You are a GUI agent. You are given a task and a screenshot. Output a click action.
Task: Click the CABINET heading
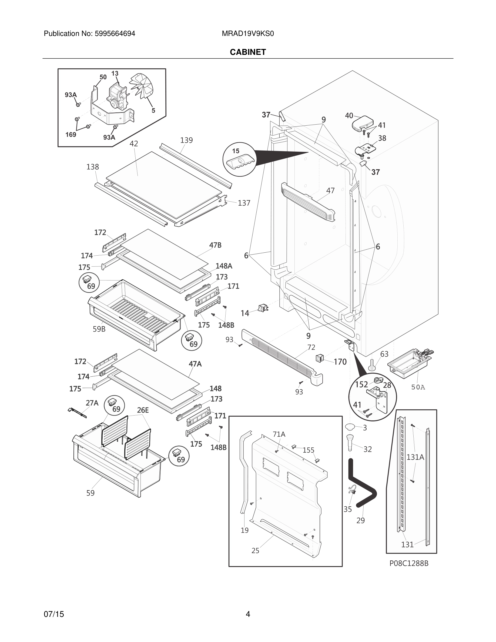248,52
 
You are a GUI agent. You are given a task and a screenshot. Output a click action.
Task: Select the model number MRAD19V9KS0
248,34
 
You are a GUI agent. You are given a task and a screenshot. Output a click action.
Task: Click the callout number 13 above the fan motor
115,73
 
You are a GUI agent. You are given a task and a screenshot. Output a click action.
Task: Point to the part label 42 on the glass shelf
134,143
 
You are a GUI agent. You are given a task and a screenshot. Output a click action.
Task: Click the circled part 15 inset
239,159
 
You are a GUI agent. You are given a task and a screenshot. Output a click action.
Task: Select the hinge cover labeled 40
363,123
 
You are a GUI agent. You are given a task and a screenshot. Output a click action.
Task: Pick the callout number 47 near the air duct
330,190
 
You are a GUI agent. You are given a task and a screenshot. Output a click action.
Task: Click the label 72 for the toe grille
311,347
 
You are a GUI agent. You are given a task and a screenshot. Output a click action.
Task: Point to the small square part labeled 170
319,358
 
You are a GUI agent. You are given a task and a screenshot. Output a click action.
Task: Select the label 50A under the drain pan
418,387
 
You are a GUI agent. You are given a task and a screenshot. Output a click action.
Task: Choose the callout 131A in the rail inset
415,457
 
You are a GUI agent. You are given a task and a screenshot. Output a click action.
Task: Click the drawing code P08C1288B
409,563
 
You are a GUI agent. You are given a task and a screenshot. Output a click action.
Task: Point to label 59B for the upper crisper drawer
99,329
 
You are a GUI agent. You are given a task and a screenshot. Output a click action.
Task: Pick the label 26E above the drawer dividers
143,410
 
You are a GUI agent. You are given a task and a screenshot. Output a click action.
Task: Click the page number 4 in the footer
248,614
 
